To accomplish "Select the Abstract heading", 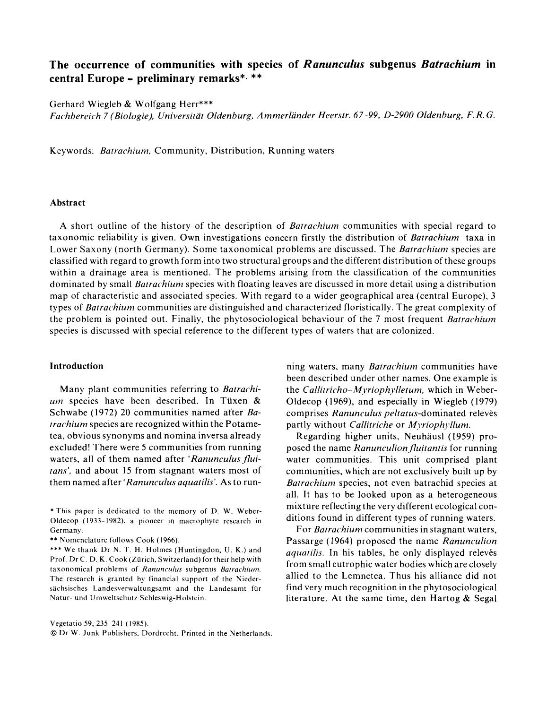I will tap(68, 203).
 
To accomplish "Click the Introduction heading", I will tap(77, 366).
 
